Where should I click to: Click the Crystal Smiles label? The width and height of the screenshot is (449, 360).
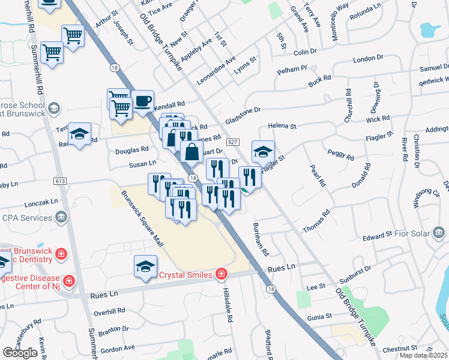pyautogui.click(x=185, y=275)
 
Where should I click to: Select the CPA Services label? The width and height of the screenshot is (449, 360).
pyautogui.click(x=28, y=217)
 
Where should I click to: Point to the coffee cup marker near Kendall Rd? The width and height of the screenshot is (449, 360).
pyautogui.click(x=142, y=101)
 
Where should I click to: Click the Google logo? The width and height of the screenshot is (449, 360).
pyautogui.click(x=20, y=352)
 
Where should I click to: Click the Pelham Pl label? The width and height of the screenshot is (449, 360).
pyautogui.click(x=292, y=70)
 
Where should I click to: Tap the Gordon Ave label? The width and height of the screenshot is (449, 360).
pyautogui.click(x=118, y=349)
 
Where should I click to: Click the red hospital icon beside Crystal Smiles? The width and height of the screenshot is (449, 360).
pyautogui.click(x=221, y=275)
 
